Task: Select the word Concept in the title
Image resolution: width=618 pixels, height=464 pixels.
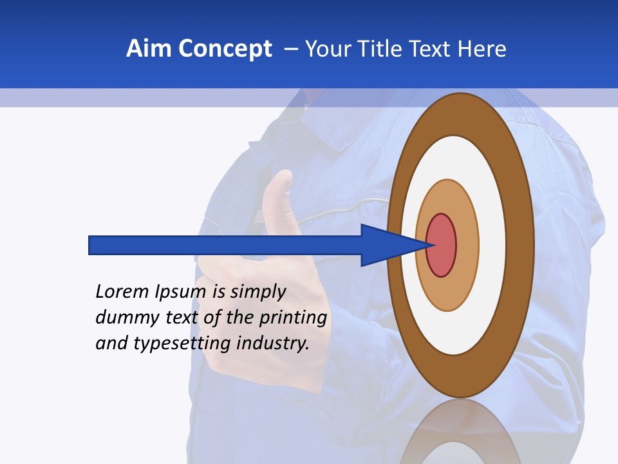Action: click(x=225, y=50)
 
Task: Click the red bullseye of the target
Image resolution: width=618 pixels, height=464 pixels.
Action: click(x=442, y=246)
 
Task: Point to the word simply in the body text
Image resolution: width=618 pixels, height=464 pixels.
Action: click(x=257, y=292)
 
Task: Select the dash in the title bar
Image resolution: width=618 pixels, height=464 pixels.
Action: click(x=290, y=49)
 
